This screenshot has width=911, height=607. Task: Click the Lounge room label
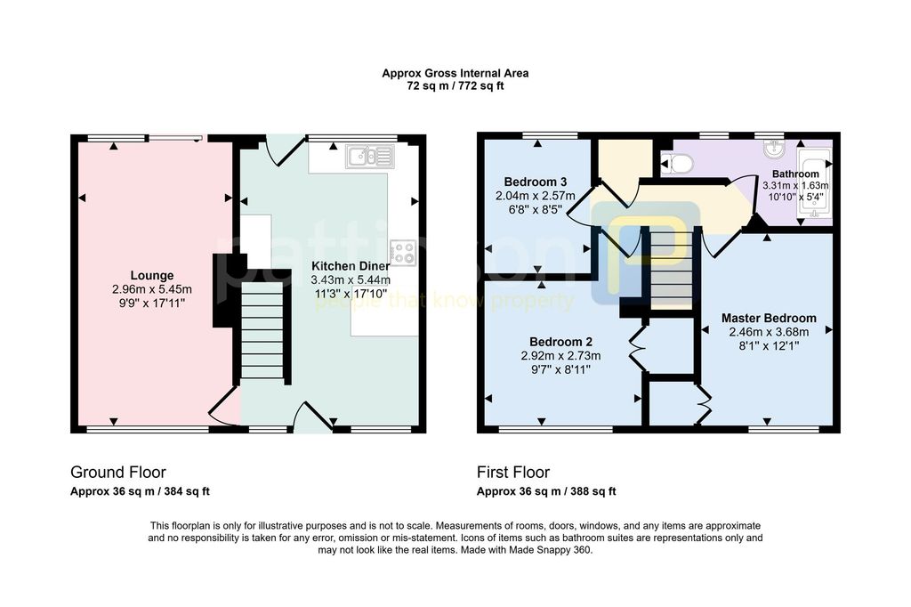click(151, 276)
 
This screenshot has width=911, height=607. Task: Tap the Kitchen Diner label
click(351, 266)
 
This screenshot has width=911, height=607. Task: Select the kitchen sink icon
click(369, 157)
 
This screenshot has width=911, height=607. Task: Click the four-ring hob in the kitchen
click(403, 253)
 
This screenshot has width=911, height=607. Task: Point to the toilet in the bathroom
click(677, 164)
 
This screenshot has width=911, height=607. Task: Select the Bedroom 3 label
click(535, 182)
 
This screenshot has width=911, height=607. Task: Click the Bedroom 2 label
click(560, 342)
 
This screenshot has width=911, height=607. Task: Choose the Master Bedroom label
click(769, 318)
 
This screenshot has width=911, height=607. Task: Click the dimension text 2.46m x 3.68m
click(769, 332)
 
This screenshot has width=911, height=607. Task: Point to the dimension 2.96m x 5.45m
click(151, 289)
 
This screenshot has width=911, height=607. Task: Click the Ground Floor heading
click(118, 472)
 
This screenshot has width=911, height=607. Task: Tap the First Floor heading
click(513, 472)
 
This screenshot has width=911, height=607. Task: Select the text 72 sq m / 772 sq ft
click(455, 86)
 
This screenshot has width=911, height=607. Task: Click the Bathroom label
click(795, 174)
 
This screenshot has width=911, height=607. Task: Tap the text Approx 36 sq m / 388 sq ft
click(546, 491)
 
